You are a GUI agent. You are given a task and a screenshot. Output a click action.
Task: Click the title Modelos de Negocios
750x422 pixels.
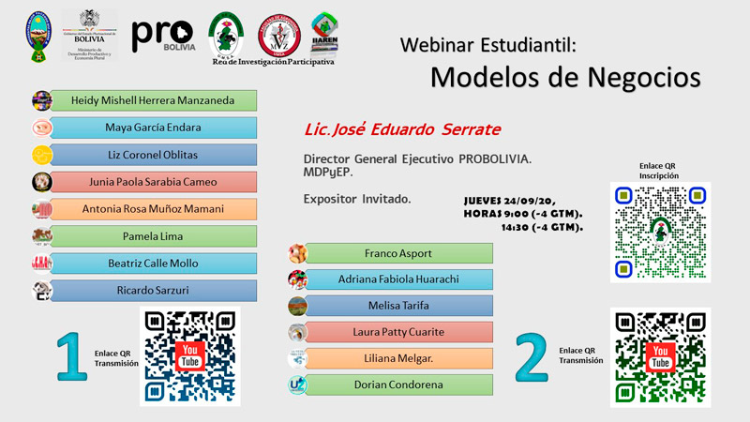tap(565, 77)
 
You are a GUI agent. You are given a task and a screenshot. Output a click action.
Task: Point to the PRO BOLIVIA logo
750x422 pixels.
tap(164, 36)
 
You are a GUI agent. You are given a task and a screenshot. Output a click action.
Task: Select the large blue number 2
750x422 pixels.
tap(532, 355)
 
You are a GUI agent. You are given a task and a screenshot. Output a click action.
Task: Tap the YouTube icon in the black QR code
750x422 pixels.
tap(190, 356)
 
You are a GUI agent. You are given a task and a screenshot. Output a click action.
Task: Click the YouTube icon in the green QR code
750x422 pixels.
tap(660, 356)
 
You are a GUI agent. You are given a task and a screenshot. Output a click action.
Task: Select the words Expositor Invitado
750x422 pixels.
tap(357, 199)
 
